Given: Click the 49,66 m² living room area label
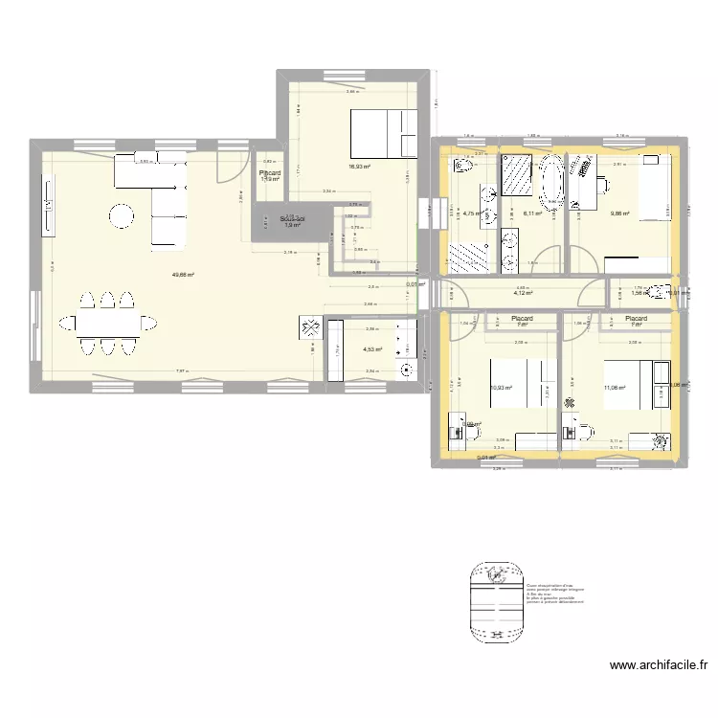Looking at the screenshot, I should coord(183,275).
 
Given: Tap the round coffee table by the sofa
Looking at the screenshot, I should coord(122,217).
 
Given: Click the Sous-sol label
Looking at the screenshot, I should coord(292,219).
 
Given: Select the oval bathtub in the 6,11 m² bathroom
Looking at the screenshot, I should coord(551,182).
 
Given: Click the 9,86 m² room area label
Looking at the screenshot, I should coord(619,213).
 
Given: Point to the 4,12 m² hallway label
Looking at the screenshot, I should coord(524,294).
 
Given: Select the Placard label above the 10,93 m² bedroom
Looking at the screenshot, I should coord(522,319).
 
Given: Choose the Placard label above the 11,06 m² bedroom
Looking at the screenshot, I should coord(636,319).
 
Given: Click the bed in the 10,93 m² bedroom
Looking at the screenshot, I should coord(517,378).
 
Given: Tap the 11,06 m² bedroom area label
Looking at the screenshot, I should coord(614,388).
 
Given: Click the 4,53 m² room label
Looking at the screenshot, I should coord(372,349).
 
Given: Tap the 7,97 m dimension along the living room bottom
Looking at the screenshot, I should coord(180,371).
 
